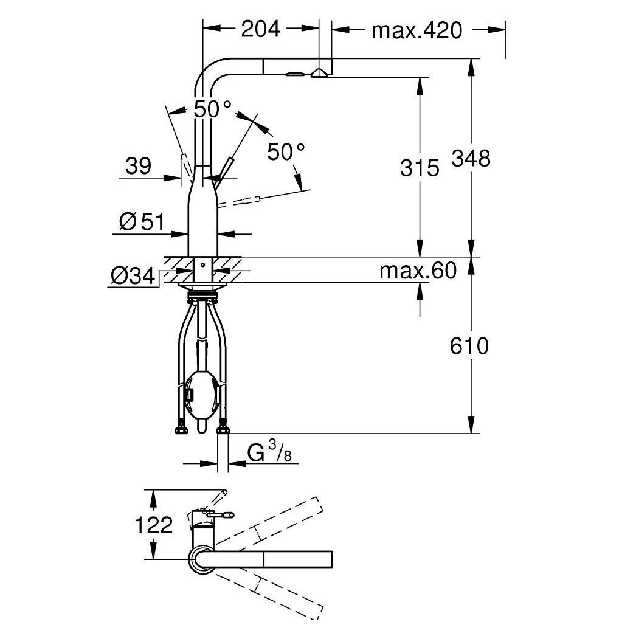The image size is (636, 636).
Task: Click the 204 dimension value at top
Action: click(x=261, y=29)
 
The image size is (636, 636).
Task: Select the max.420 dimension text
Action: click(x=417, y=30)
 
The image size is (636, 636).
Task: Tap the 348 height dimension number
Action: click(x=471, y=158)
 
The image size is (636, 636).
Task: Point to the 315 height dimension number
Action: click(x=419, y=167)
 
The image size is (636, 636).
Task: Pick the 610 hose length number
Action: click(x=469, y=346)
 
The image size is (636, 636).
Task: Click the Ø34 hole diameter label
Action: click(x=133, y=277)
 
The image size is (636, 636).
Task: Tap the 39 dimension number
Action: click(x=138, y=166)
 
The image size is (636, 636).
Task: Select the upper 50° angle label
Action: click(x=213, y=109)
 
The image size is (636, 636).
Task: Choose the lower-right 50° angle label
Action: click(x=286, y=151)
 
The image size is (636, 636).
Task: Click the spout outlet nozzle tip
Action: click(x=318, y=74)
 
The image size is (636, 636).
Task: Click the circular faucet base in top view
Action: click(x=201, y=559)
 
